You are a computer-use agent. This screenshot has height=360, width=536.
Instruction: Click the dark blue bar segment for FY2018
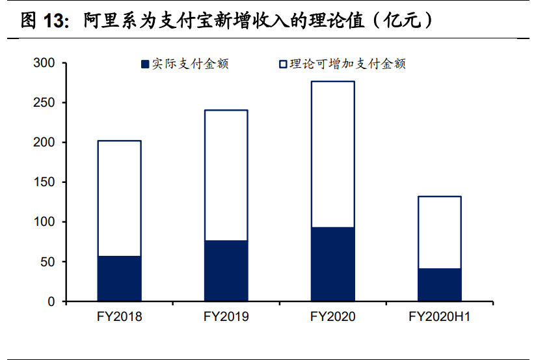119,279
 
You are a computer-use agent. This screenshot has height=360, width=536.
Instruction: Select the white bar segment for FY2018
119,199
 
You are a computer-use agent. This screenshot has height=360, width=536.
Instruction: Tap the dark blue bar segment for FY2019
226,271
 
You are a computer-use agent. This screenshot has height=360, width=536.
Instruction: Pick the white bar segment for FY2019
226,175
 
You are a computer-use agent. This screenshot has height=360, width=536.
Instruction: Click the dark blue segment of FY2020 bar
332,264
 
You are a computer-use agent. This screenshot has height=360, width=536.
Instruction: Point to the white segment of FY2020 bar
332,154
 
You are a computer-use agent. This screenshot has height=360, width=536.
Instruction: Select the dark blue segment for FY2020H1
439,285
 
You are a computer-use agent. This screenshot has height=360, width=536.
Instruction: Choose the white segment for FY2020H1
439,232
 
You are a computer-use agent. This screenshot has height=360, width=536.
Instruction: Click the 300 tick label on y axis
46,63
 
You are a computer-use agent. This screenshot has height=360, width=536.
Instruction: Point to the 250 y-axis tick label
46,103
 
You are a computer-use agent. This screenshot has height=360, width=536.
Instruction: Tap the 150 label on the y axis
46,182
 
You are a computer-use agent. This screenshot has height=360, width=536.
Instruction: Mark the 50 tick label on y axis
49,262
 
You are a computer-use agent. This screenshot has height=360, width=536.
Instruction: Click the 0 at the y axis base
52,301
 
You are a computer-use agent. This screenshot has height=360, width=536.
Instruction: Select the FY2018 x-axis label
119,317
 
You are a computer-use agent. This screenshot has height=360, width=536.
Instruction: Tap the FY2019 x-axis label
226,317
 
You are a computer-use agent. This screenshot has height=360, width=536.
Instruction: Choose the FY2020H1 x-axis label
439,317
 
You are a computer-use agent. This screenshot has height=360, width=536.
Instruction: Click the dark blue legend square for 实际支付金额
145,64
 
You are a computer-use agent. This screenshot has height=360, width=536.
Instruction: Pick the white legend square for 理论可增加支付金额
283,64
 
